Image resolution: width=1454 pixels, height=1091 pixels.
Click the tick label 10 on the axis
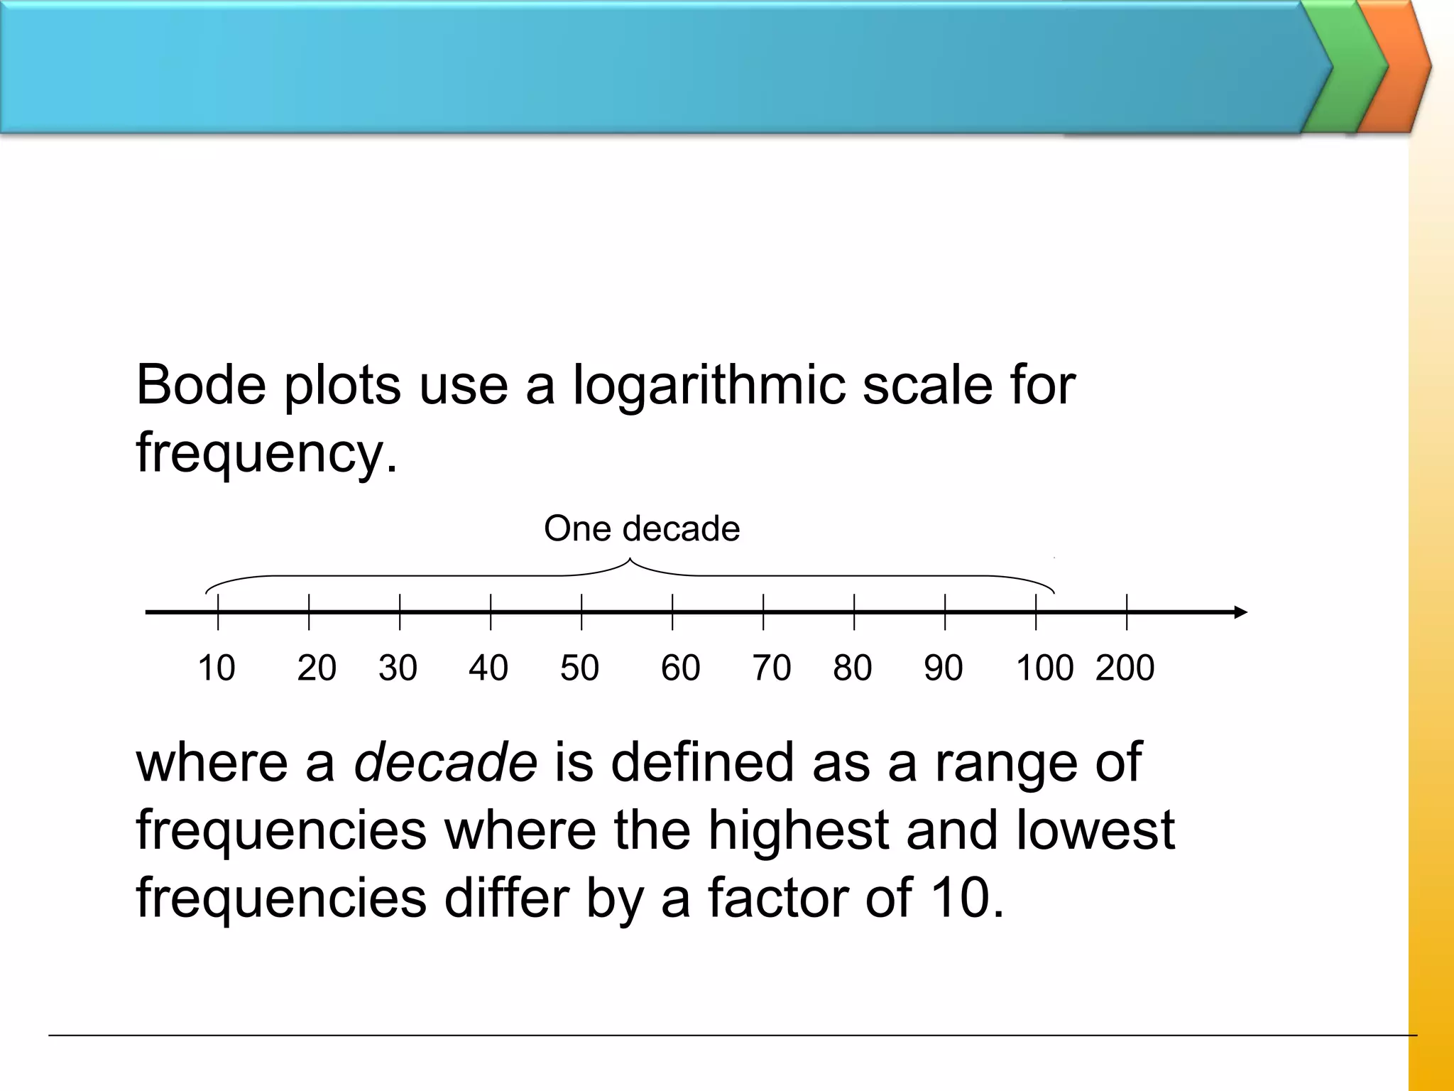(x=216, y=668)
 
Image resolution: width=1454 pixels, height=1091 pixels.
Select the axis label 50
(x=579, y=668)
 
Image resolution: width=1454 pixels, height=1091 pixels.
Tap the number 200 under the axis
(x=1125, y=668)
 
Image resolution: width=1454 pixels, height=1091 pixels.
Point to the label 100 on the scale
(x=1044, y=668)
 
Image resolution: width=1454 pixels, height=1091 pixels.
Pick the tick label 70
(x=771, y=668)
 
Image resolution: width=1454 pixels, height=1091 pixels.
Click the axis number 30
(x=398, y=668)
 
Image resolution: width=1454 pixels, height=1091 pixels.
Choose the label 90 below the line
(x=943, y=668)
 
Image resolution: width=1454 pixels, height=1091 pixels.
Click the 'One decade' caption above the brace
(x=641, y=528)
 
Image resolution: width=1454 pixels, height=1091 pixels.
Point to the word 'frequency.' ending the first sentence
(x=267, y=455)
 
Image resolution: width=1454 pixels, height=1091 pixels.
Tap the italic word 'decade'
(x=445, y=762)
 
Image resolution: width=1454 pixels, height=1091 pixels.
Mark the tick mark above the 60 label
(x=672, y=612)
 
